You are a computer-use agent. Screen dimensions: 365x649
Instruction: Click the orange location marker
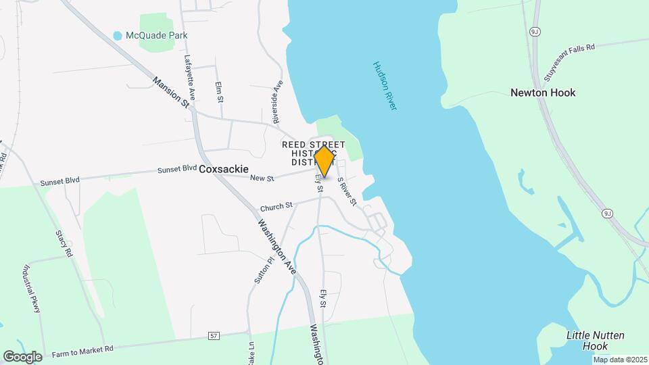(324, 161)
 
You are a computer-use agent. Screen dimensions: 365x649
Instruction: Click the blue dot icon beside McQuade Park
(118, 35)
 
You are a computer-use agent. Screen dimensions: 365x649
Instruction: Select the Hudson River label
(383, 86)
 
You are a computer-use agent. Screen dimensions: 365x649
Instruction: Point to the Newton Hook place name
(543, 93)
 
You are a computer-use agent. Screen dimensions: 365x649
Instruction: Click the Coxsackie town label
(224, 169)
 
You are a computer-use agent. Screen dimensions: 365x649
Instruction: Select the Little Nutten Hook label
(595, 341)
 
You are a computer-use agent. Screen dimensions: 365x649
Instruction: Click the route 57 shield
(214, 335)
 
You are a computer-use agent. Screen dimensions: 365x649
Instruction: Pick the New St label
(261, 178)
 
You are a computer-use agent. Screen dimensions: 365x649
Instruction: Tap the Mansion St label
(170, 92)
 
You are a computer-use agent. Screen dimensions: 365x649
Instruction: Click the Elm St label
(219, 91)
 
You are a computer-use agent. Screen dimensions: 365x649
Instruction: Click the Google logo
(22, 356)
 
